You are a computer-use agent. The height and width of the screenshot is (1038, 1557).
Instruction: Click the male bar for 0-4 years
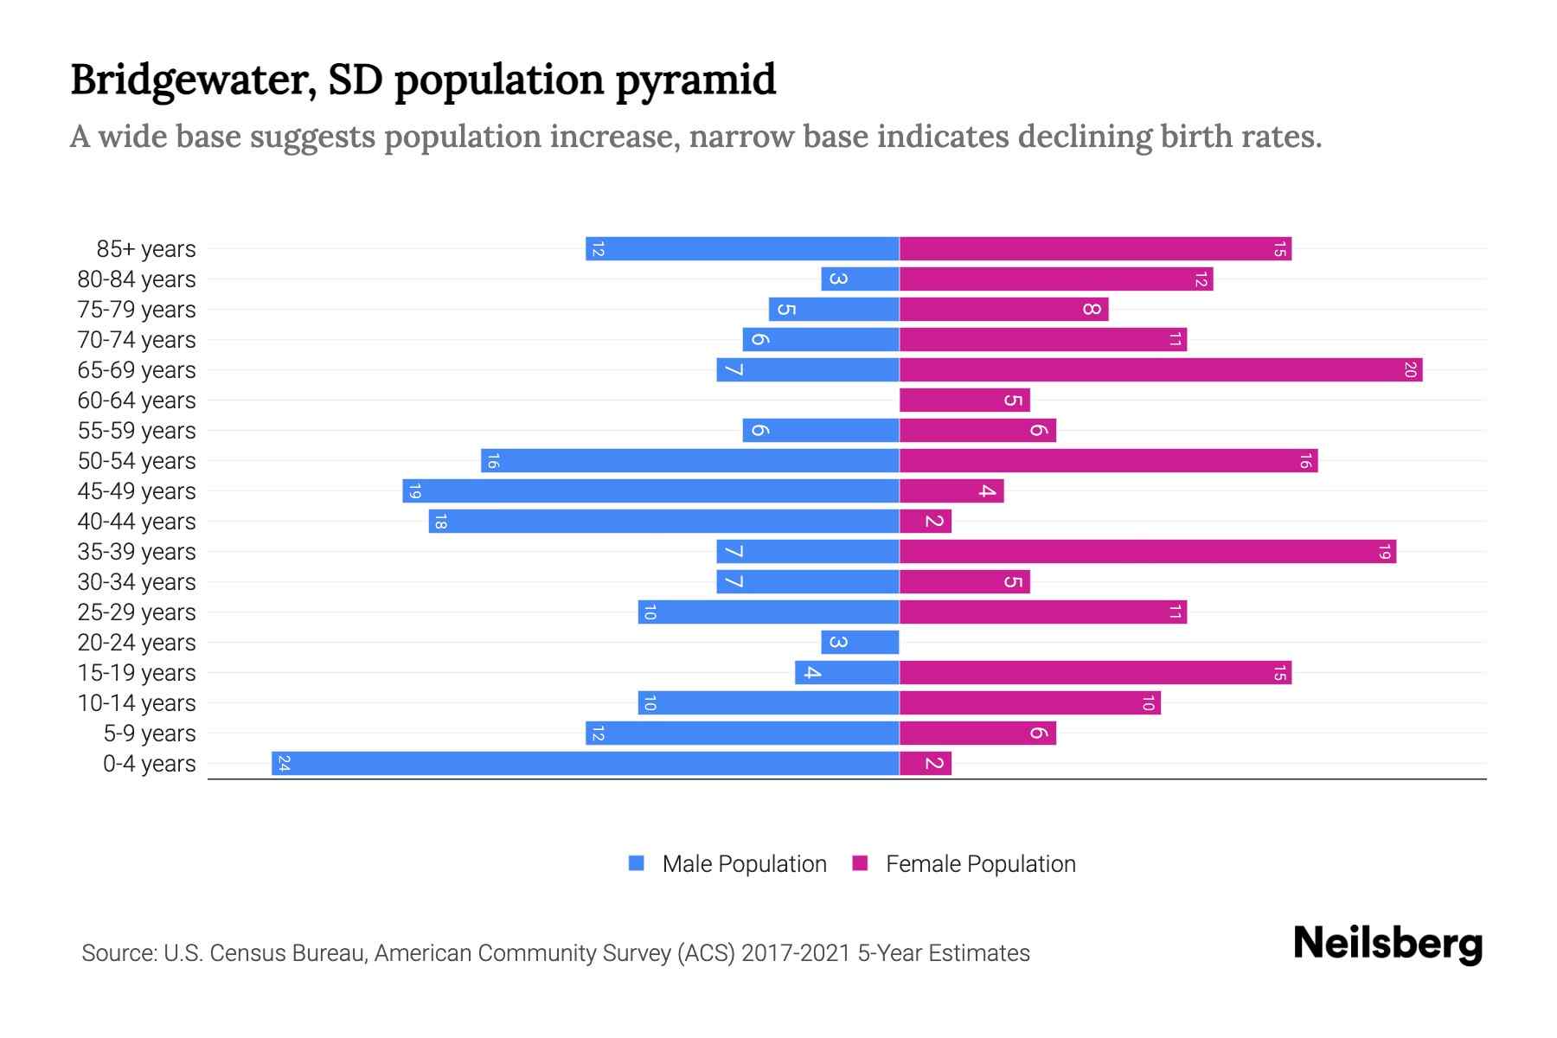(x=585, y=763)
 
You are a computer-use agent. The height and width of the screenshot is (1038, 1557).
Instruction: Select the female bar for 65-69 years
(x=1160, y=370)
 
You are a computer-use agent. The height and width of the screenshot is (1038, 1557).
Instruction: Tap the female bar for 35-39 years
(x=1147, y=552)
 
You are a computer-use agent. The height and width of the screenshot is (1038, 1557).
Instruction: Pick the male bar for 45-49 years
(x=650, y=491)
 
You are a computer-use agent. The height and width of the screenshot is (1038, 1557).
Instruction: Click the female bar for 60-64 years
(x=964, y=400)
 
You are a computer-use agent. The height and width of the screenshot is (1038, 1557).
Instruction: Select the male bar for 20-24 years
(x=860, y=643)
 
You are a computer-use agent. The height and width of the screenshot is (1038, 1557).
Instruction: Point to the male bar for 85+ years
(x=742, y=249)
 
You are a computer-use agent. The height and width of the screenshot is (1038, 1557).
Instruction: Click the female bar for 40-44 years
(x=925, y=522)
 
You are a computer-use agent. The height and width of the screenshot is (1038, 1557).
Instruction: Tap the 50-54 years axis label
(x=137, y=461)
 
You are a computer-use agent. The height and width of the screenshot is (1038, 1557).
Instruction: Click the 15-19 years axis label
(x=137, y=673)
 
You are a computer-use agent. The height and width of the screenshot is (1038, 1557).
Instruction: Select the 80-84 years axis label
(x=137, y=279)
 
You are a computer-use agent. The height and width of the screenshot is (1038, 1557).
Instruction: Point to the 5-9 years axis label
(x=150, y=734)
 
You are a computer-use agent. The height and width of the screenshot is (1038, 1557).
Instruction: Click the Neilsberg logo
(x=1387, y=944)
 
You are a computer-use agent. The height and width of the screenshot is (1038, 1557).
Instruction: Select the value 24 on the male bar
(x=284, y=763)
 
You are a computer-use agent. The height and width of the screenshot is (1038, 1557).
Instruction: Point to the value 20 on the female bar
(x=1410, y=370)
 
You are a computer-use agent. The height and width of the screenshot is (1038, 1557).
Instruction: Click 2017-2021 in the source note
(x=796, y=953)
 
